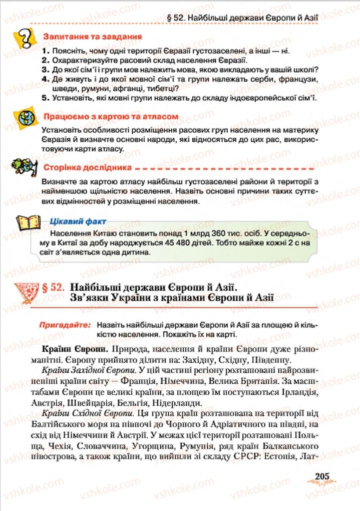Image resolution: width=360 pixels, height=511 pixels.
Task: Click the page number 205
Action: (326, 476)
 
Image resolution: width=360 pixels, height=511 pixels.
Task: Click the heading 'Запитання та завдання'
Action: (92, 37)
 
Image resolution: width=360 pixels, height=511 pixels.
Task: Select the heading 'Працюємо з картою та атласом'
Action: (111, 116)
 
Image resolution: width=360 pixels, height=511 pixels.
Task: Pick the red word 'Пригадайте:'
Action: (65, 325)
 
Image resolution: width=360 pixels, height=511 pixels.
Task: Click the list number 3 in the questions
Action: (45, 70)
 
